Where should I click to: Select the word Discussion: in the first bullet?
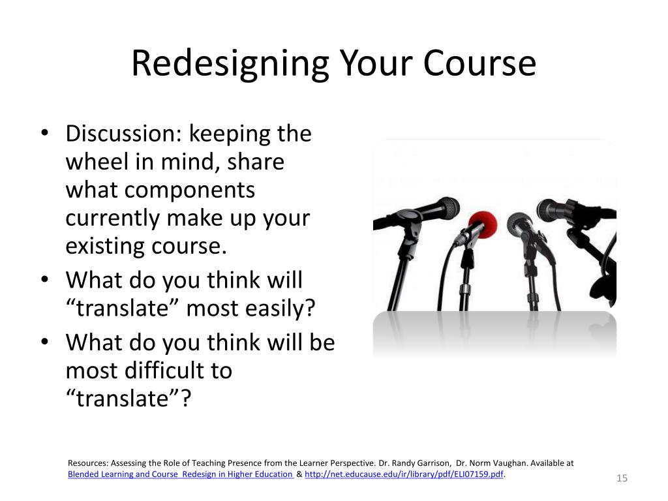[123, 134]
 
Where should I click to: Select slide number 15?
[622, 479]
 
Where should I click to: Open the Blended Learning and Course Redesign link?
[181, 474]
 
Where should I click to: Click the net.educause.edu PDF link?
[404, 474]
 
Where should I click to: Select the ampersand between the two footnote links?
[299, 474]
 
